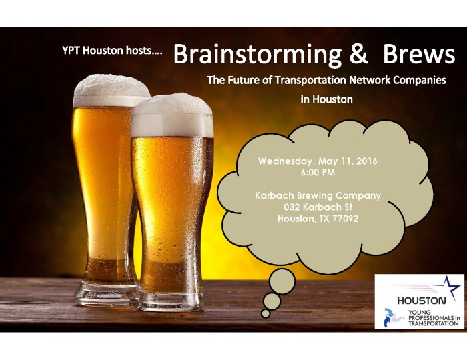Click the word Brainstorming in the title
coord(258,55)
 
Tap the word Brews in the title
coord(415,55)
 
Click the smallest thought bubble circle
coord(266,313)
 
